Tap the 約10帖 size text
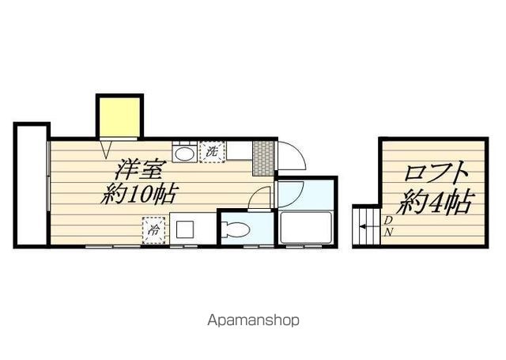point(139,194)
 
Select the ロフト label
point(436,172)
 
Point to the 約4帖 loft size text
point(436,203)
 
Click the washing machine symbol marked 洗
point(212,152)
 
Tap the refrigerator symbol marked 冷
point(154,230)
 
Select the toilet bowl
point(236,230)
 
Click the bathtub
point(306,227)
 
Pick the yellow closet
point(119,117)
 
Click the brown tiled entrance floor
point(263,158)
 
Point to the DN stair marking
point(388,226)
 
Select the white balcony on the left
point(32,185)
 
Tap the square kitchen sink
point(185,229)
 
